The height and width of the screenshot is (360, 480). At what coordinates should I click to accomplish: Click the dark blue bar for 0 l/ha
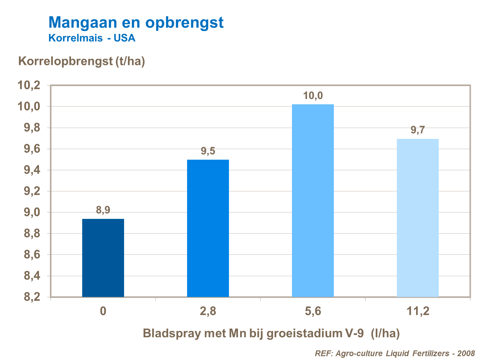point(103,258)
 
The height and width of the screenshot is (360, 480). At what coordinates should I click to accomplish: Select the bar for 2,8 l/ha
point(208,228)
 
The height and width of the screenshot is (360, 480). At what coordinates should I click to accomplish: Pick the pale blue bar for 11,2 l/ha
point(418,218)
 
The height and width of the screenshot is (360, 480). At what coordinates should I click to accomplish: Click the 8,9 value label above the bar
point(103,210)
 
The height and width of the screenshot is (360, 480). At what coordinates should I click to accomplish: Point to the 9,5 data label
point(208,151)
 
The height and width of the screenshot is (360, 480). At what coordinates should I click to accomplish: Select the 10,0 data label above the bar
point(313,95)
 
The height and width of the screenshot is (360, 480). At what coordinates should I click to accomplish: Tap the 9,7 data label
point(418,130)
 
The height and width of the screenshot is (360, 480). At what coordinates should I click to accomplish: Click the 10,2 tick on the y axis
point(29,85)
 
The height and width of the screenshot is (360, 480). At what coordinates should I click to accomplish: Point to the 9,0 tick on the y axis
point(32,212)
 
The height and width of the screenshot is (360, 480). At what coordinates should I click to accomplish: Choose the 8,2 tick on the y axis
point(32,297)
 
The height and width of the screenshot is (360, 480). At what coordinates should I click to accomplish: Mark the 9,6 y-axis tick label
point(32,149)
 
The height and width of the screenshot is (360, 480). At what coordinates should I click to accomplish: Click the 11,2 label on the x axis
point(418,311)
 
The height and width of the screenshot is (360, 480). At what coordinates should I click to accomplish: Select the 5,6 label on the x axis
point(313,311)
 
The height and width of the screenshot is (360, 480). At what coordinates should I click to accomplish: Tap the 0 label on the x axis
point(103,311)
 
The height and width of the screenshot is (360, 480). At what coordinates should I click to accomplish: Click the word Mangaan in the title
point(83,22)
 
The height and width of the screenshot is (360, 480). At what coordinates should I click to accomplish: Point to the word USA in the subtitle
point(124,38)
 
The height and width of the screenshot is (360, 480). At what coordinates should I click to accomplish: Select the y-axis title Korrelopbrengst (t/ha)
point(82,61)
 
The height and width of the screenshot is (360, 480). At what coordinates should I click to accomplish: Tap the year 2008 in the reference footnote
point(466,353)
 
